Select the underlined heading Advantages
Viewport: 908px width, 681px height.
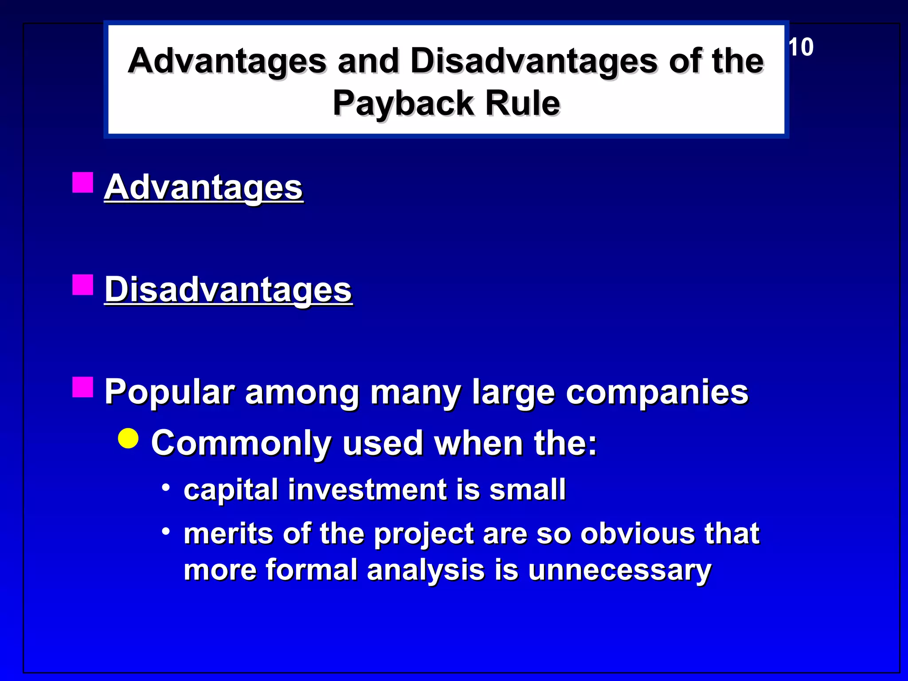coord(204,187)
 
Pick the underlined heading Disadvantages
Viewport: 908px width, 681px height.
coord(228,290)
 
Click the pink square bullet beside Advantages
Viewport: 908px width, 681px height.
coord(83,182)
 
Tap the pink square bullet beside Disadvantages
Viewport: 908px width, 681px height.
coord(83,285)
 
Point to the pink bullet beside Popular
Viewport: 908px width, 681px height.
coord(83,387)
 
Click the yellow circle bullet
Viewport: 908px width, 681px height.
coord(129,438)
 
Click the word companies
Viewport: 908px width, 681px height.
coord(657,392)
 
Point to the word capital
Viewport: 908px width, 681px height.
coord(231,490)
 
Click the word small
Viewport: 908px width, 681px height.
coord(527,490)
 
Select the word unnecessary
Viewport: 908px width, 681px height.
coord(619,570)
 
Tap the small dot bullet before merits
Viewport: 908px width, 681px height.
coord(166,531)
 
